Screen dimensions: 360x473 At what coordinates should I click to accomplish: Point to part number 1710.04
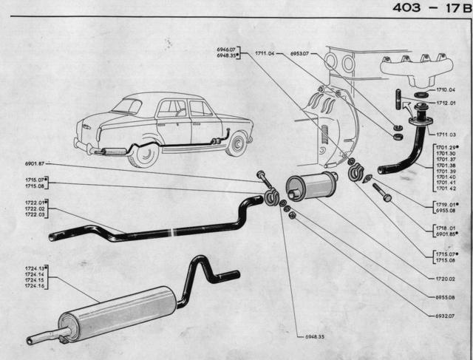click(x=446, y=90)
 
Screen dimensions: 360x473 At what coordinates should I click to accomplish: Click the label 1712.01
click(x=446, y=103)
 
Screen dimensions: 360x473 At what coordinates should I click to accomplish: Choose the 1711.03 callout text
click(x=445, y=135)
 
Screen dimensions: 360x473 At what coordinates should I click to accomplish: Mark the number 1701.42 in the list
click(x=445, y=189)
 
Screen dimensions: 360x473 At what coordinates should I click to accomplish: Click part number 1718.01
click(x=445, y=228)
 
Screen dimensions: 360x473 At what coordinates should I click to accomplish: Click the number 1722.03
click(x=34, y=215)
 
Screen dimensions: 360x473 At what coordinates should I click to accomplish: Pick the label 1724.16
click(x=34, y=285)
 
